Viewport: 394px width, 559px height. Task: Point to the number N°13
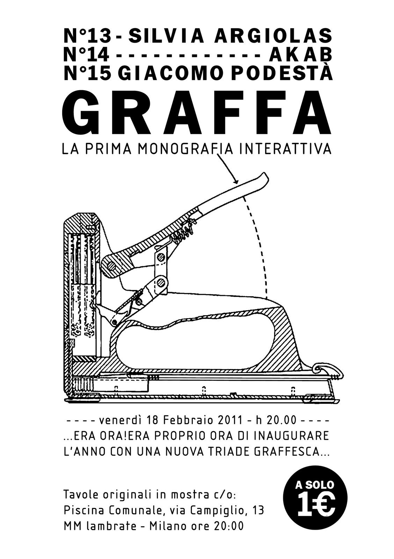(x=87, y=36)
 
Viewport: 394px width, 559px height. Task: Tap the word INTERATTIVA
(x=285, y=148)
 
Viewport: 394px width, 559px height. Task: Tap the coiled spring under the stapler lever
(x=183, y=231)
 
